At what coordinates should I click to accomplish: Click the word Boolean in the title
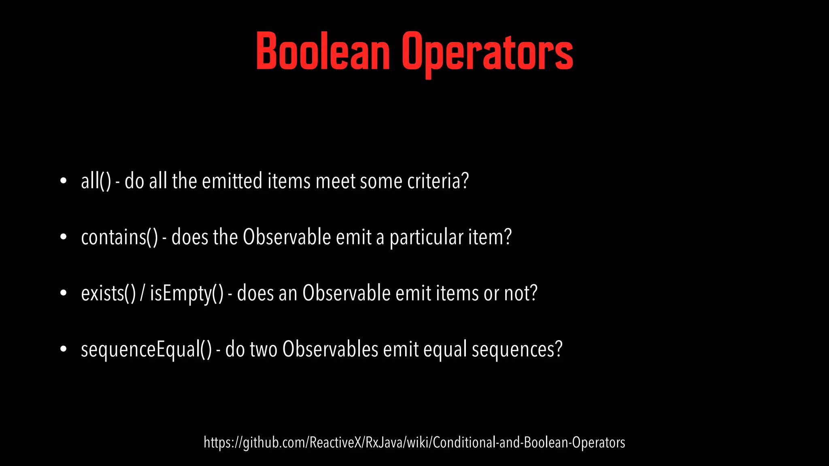coord(323,51)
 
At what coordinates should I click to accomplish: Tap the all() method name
coord(96,181)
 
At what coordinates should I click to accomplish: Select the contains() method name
coord(119,237)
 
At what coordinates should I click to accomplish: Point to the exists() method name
coord(108,293)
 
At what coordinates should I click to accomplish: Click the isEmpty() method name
coord(187,293)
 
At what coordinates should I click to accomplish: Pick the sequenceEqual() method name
coord(146,349)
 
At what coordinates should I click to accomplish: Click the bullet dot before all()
coord(63,181)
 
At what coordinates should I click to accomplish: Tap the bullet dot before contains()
coord(63,237)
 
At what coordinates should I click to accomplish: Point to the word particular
coord(426,237)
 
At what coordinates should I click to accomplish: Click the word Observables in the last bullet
coord(330,349)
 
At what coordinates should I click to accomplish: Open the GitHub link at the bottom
coord(414,443)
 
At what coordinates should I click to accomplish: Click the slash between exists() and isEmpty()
coord(142,293)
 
